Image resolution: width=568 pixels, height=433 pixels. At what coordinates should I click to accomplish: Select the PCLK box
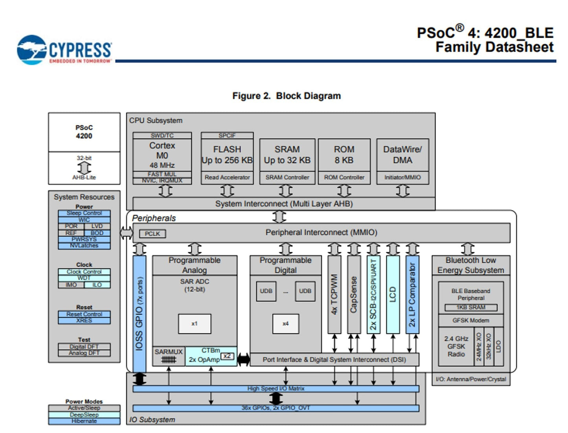point(152,234)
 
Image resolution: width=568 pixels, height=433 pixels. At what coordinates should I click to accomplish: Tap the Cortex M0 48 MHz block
point(162,155)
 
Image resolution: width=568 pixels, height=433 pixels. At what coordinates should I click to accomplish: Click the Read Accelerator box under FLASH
point(227,177)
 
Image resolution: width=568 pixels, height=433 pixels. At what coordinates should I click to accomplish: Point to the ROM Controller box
point(344,177)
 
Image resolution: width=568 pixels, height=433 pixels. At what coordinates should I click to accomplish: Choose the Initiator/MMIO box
point(402,177)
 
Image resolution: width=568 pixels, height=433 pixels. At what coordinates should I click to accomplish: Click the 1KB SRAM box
point(471,307)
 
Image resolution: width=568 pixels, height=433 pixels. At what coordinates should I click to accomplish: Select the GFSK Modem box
point(471,320)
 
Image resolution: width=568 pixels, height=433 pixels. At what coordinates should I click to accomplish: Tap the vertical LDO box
point(498,346)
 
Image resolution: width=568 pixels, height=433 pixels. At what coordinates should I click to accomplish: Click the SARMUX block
point(169,356)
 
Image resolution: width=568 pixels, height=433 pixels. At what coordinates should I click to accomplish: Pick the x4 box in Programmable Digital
point(285,324)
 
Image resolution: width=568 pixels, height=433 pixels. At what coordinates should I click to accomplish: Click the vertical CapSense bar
point(354,295)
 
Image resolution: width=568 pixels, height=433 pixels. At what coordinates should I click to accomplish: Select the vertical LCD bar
point(393,295)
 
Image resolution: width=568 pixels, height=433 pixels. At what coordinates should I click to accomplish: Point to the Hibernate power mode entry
point(84,421)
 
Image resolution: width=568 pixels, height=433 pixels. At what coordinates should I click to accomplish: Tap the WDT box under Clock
point(84,278)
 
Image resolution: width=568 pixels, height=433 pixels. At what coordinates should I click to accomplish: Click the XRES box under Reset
point(84,321)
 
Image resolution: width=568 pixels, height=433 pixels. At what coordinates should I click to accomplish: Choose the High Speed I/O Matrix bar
point(276,389)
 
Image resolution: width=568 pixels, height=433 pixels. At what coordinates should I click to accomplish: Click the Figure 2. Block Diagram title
point(286,96)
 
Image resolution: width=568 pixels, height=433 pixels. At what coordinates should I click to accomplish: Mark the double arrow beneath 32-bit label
point(84,168)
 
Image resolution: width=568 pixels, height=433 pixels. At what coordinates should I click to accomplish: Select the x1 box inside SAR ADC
point(194,324)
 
